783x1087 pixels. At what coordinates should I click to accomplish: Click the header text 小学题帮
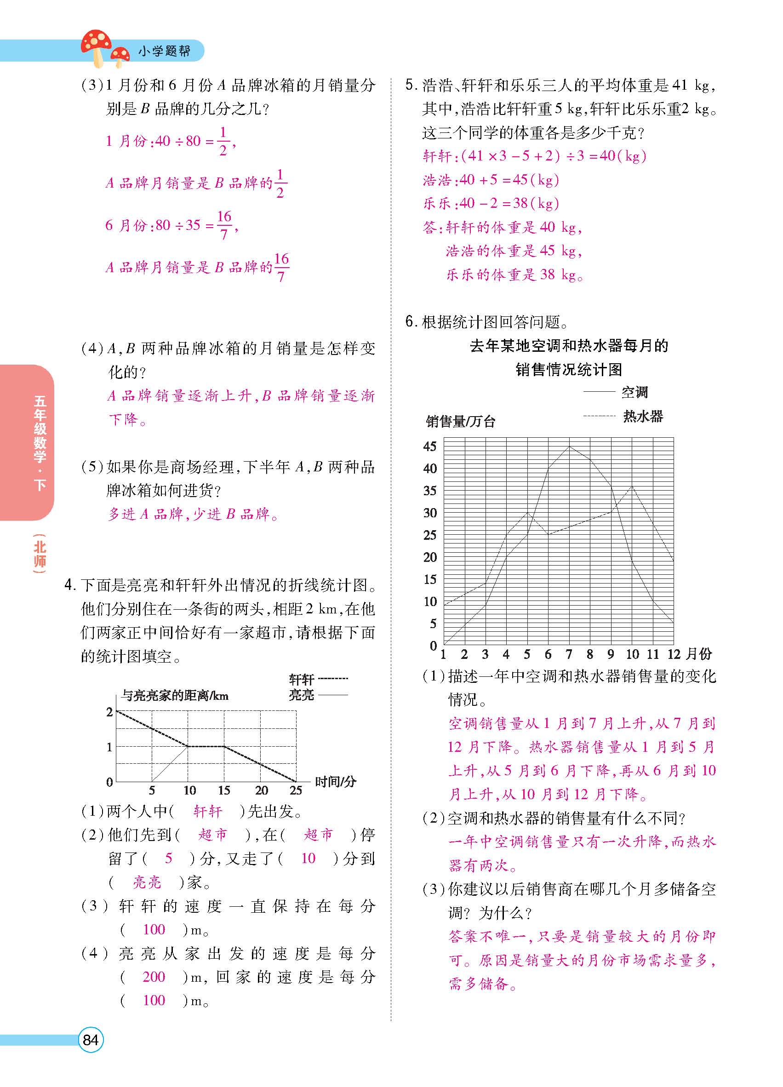(164, 51)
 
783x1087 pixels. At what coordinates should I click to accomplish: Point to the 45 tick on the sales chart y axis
(430, 446)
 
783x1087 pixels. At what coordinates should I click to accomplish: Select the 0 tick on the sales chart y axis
(433, 646)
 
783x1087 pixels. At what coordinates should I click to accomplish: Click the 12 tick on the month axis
(674, 654)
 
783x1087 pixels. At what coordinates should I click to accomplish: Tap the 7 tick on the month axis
(569, 654)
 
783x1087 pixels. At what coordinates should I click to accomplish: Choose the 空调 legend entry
(634, 393)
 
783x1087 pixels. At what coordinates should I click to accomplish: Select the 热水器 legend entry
(643, 416)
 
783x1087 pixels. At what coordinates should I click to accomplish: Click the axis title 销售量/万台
(461, 422)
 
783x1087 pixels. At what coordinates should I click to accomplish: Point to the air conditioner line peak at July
(569, 446)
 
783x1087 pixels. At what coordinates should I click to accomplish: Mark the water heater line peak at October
(632, 486)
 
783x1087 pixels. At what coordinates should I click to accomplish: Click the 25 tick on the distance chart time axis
(296, 790)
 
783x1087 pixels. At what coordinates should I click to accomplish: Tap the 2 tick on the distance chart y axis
(110, 712)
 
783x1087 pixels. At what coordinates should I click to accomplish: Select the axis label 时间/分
(336, 782)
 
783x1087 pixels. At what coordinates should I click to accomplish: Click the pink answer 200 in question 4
(154, 977)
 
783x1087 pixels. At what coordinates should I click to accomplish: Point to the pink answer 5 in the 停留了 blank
(168, 858)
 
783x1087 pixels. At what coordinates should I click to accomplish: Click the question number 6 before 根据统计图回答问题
(409, 321)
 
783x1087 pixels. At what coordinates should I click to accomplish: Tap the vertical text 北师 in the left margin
(40, 554)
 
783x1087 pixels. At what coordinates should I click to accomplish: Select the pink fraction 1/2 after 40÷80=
(223, 141)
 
